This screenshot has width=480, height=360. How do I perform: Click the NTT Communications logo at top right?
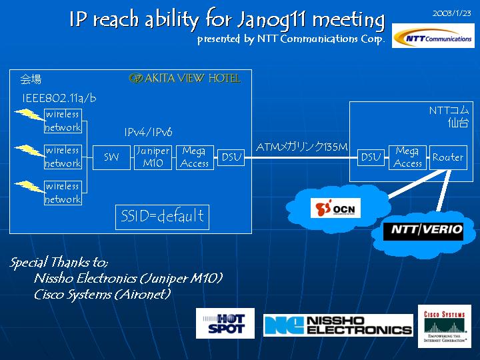433,37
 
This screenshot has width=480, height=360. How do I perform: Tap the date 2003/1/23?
452,13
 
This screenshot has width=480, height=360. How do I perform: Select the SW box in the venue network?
111,157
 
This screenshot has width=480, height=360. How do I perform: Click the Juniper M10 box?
153,157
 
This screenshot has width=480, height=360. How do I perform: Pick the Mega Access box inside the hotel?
195,157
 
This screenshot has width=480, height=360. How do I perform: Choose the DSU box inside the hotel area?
231,158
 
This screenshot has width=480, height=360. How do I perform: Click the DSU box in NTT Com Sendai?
370,157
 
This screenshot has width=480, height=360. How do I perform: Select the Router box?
448,157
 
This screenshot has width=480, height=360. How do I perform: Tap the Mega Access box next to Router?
407,157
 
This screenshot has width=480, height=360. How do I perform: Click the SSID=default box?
162,217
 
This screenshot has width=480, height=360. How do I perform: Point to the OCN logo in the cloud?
336,208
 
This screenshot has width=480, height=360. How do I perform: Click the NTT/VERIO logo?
423,231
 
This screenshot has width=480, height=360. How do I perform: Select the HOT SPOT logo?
225,323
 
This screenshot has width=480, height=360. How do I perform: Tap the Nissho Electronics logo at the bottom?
338,325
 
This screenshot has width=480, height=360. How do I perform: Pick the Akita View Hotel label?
185,79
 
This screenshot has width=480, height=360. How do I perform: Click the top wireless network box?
63,121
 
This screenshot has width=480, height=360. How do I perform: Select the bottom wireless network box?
63,193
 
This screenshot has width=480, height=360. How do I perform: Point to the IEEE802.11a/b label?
59,98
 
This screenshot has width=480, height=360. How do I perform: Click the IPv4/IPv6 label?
148,133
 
